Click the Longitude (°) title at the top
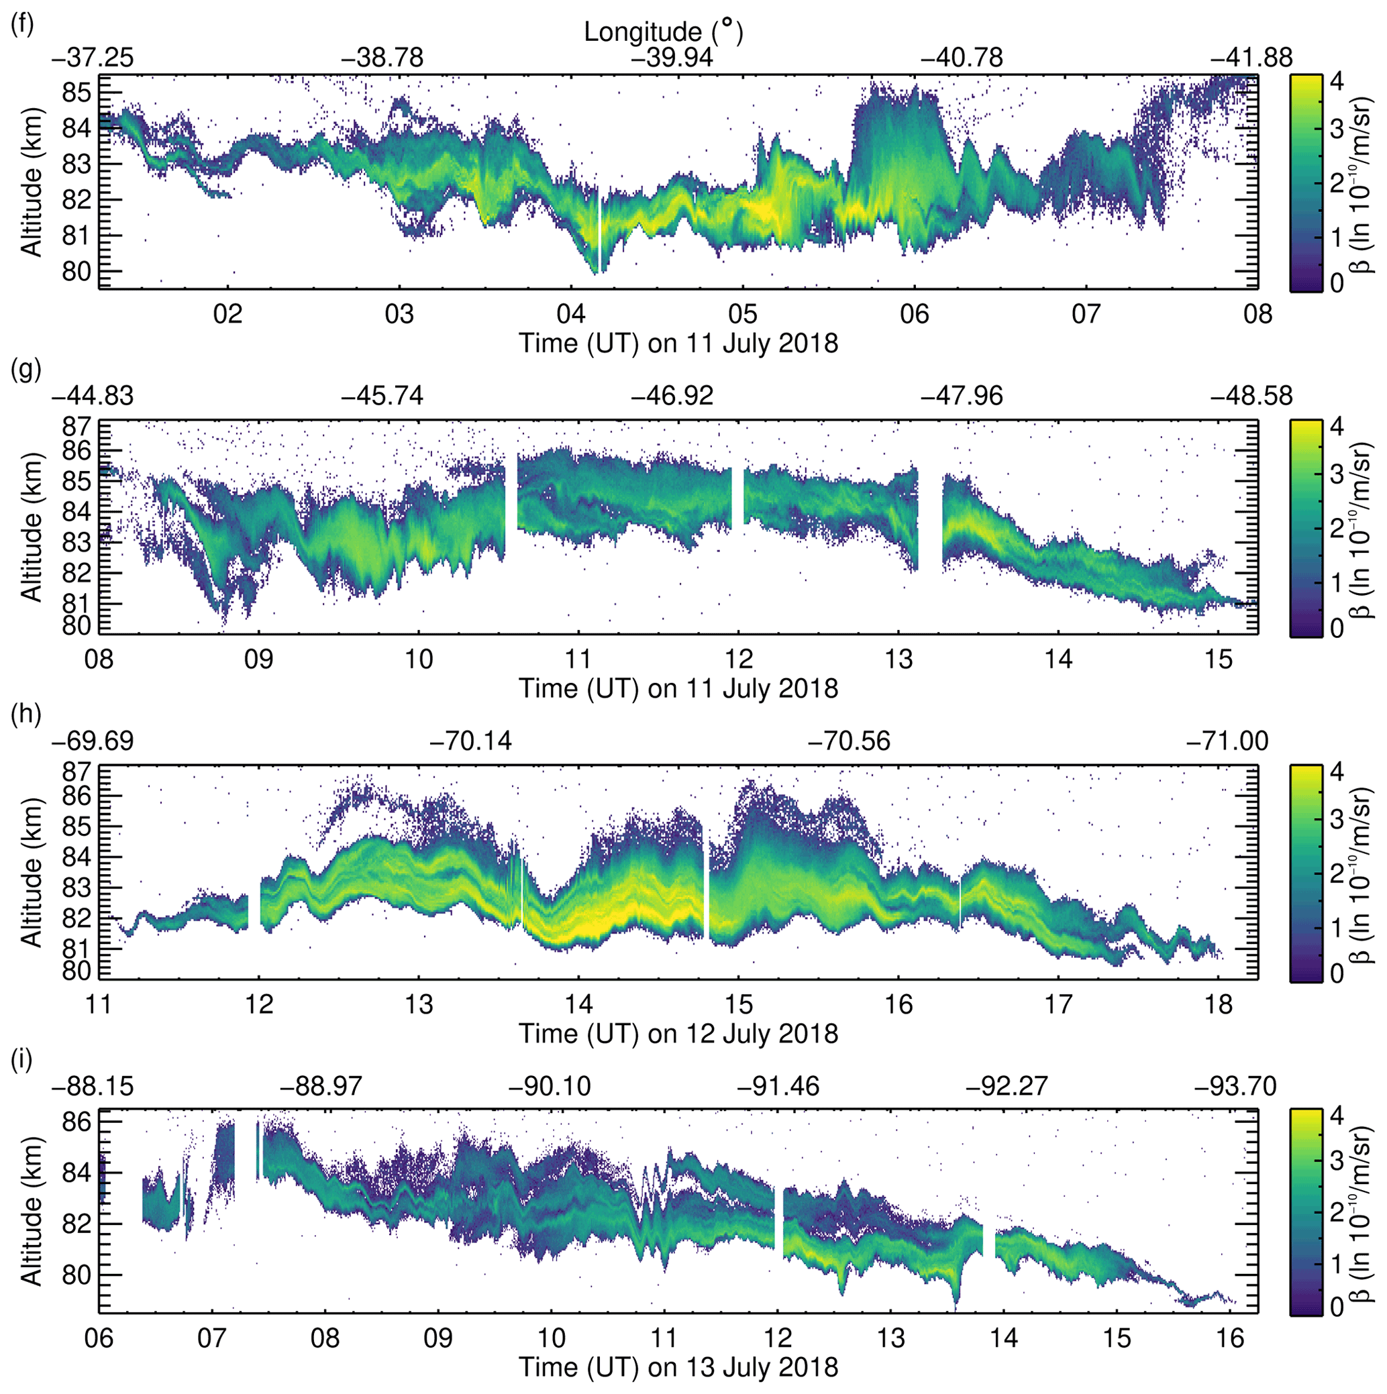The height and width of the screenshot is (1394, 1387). click(662, 32)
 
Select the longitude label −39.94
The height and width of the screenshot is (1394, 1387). click(671, 58)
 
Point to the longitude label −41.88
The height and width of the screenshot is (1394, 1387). click(1251, 58)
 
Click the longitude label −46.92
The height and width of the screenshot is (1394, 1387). click(671, 396)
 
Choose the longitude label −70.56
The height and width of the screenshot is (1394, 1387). click(849, 741)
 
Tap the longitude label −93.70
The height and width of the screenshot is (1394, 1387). click(1235, 1087)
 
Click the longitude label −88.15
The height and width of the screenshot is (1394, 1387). click(93, 1087)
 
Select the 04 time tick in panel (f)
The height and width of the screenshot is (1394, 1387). click(571, 315)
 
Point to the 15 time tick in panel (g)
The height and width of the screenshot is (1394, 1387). click(1219, 659)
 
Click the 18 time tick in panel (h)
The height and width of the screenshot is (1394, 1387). click(1219, 1004)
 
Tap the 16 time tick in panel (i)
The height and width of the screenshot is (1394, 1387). click(1231, 1338)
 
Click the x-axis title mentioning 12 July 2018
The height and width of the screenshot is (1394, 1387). click(678, 1033)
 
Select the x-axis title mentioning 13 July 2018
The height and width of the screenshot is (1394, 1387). click(678, 1366)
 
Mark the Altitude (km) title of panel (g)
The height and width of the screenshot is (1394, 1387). click(32, 527)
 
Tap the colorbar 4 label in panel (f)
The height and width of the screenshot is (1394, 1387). click(1336, 81)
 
